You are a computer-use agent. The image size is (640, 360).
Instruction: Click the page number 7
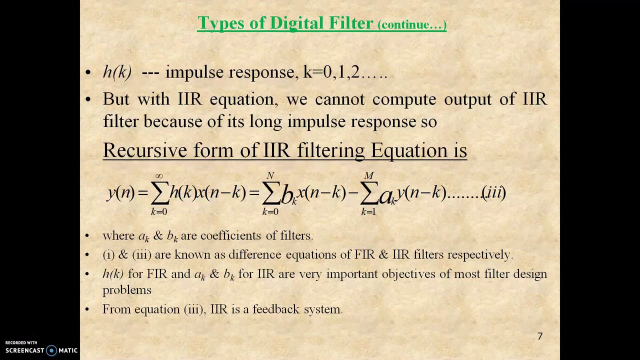[x=539, y=336]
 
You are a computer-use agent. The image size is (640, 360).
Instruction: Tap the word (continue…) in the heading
[x=412, y=25]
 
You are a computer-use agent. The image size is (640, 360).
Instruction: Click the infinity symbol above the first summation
[x=159, y=176]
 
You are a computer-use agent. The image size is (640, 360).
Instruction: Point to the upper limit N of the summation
[x=270, y=175]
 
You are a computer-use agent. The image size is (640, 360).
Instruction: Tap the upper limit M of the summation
[x=368, y=175]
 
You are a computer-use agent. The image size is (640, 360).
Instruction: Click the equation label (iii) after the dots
[x=494, y=192]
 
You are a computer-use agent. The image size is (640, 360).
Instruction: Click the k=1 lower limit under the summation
[x=368, y=212]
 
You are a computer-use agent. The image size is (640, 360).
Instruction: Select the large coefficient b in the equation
[x=287, y=194]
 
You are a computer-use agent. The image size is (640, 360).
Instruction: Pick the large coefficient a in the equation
[x=385, y=195]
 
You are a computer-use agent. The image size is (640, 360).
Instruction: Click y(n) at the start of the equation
[x=120, y=192]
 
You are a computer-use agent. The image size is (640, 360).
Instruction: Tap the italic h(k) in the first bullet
[x=117, y=72]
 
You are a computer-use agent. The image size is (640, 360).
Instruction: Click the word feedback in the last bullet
[x=276, y=309]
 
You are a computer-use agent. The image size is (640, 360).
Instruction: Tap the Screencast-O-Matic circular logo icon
[x=51, y=350]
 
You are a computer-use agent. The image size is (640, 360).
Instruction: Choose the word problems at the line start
[x=126, y=290]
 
